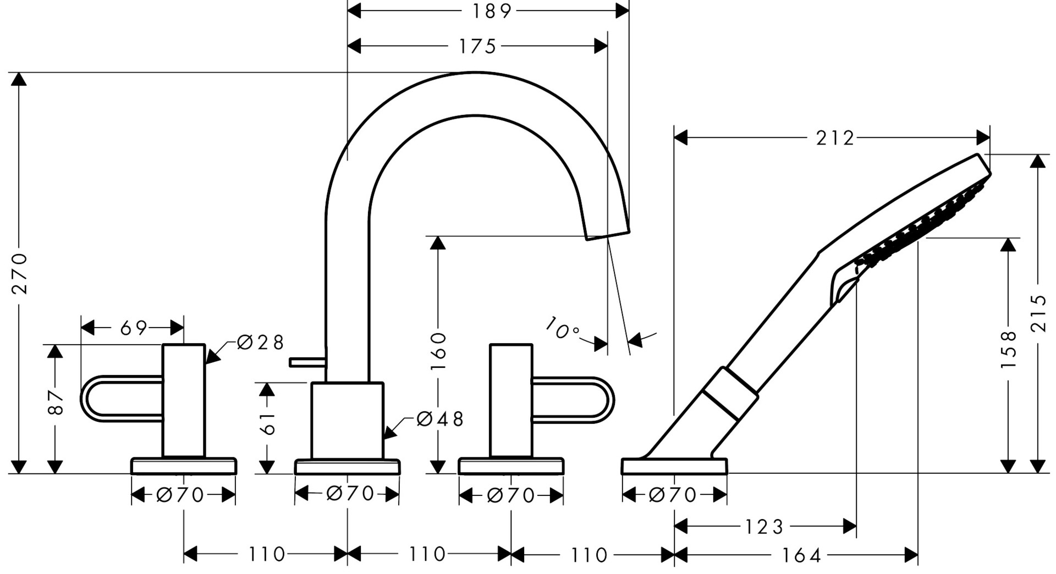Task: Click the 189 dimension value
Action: (x=491, y=11)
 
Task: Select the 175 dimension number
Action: (x=477, y=47)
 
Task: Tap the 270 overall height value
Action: (x=20, y=273)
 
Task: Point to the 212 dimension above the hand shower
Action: (x=834, y=138)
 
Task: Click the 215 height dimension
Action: (x=1038, y=313)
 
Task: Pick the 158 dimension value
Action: (x=1008, y=350)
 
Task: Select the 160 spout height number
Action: (x=438, y=351)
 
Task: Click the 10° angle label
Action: (x=563, y=328)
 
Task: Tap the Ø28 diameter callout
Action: (x=260, y=342)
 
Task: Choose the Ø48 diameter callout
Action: (x=440, y=419)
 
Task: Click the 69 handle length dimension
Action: (x=134, y=328)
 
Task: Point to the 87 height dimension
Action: (x=55, y=402)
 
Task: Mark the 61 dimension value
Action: (x=267, y=423)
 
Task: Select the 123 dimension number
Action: (x=764, y=527)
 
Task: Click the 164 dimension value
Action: (x=801, y=555)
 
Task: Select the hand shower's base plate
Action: (x=674, y=466)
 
